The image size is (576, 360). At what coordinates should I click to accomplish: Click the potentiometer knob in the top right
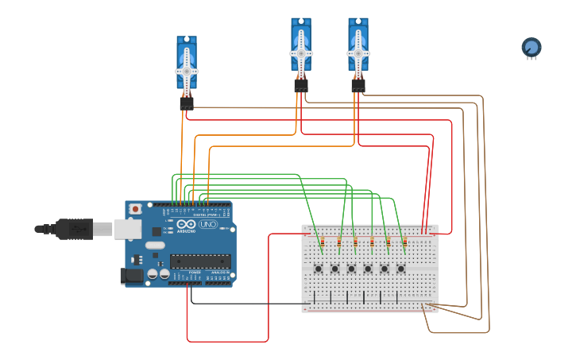531,48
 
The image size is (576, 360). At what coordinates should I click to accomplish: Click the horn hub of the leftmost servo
187,71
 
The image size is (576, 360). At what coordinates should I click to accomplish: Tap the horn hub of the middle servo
301,52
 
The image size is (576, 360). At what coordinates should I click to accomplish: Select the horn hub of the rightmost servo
358,52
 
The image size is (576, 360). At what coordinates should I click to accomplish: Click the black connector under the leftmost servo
186,103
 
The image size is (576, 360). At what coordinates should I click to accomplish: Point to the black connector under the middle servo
301,84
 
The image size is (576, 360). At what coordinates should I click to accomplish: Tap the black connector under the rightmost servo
358,84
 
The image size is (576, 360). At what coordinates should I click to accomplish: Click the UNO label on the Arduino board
207,225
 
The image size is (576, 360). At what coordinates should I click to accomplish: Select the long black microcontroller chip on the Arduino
200,261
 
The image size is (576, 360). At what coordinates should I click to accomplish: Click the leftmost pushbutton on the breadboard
319,269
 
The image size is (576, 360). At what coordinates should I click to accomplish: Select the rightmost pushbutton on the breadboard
400,269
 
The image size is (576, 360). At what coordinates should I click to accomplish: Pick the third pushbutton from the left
351,269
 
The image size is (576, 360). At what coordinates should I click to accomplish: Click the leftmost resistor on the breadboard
322,242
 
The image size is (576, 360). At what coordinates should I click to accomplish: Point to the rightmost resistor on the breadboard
404,242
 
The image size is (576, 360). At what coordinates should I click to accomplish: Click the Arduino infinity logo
187,225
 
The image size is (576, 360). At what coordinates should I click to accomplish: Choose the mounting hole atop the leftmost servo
187,40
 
